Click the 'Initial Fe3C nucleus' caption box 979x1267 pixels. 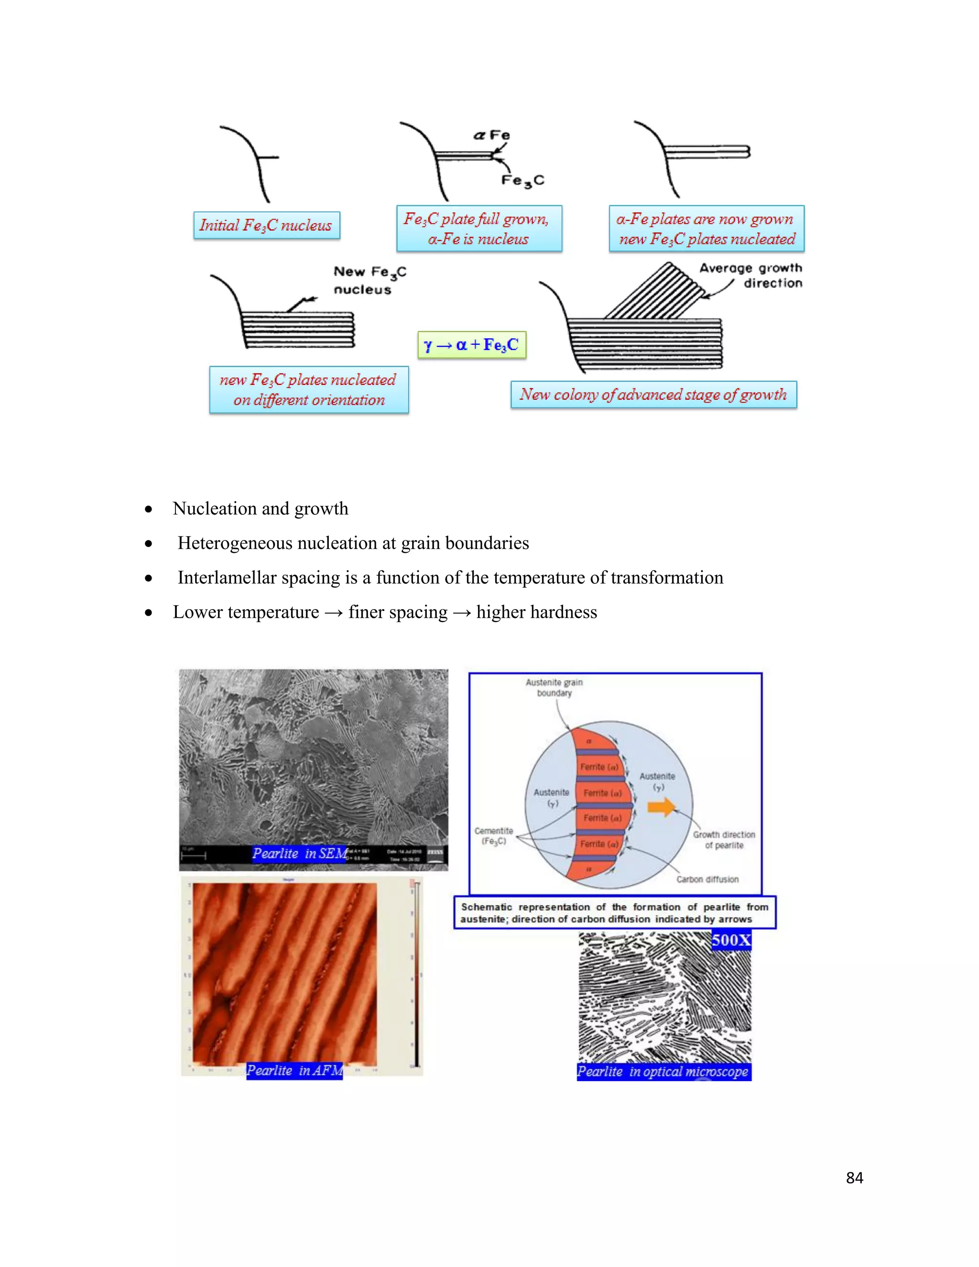tap(266, 225)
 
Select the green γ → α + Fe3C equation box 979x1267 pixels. tap(471, 345)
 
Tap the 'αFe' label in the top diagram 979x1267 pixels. tap(492, 135)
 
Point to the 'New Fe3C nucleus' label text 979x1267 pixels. tap(370, 280)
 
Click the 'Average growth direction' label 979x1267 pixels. tap(751, 275)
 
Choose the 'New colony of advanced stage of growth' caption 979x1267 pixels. tap(653, 394)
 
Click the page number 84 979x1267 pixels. tap(854, 1178)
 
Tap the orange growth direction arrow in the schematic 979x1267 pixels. tap(662, 807)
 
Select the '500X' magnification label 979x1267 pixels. tap(731, 940)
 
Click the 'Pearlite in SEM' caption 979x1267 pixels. tap(299, 853)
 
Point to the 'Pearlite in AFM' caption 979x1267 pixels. tap(294, 1070)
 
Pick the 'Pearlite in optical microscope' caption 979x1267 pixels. tap(664, 1071)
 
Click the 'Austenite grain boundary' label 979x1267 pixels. tap(555, 688)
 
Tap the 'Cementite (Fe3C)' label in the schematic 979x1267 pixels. tap(493, 836)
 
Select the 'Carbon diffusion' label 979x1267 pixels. tap(707, 879)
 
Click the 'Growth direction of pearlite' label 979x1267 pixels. tap(724, 840)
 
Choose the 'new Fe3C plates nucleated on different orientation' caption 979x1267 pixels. tap(308, 389)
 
